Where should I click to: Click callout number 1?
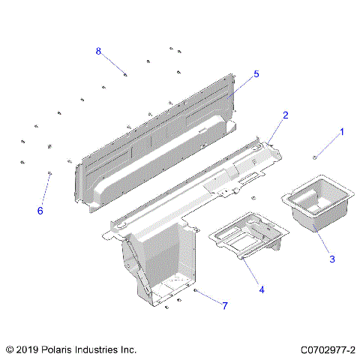pos(342,132)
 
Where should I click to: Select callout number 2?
pos(286,115)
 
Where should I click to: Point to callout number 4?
pos(261,289)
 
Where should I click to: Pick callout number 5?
pos(256,74)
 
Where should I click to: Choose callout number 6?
pos(40,211)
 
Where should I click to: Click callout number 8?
pos(98,50)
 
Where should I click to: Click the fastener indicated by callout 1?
pos(316,157)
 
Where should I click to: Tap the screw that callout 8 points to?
pos(125,73)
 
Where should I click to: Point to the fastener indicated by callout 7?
pos(195,290)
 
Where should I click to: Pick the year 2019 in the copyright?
pos(28,349)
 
